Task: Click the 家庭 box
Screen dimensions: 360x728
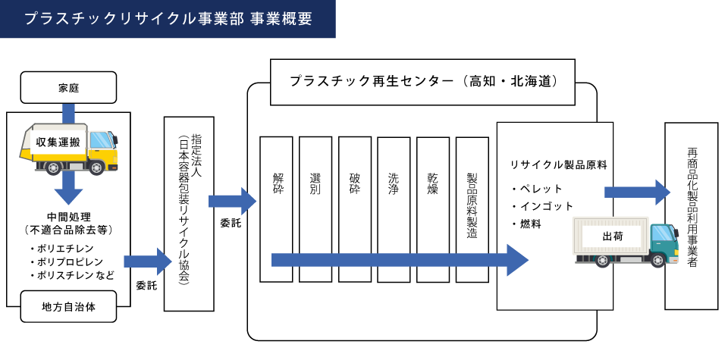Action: (x=68, y=87)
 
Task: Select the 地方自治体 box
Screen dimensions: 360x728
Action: (x=68, y=306)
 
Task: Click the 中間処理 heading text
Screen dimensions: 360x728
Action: (x=68, y=216)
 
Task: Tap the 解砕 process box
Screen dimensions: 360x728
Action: (x=276, y=209)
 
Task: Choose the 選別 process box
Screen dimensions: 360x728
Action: (x=315, y=209)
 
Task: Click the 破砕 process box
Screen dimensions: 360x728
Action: (x=355, y=209)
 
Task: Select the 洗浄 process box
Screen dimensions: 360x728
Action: (x=394, y=209)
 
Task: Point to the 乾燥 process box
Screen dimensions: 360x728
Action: (x=433, y=209)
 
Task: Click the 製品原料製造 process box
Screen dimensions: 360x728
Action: (x=472, y=209)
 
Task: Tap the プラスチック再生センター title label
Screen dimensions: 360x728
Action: (x=422, y=80)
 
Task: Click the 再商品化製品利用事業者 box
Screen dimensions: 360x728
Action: (x=691, y=216)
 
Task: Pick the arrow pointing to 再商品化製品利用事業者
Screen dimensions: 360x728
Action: (x=637, y=192)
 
